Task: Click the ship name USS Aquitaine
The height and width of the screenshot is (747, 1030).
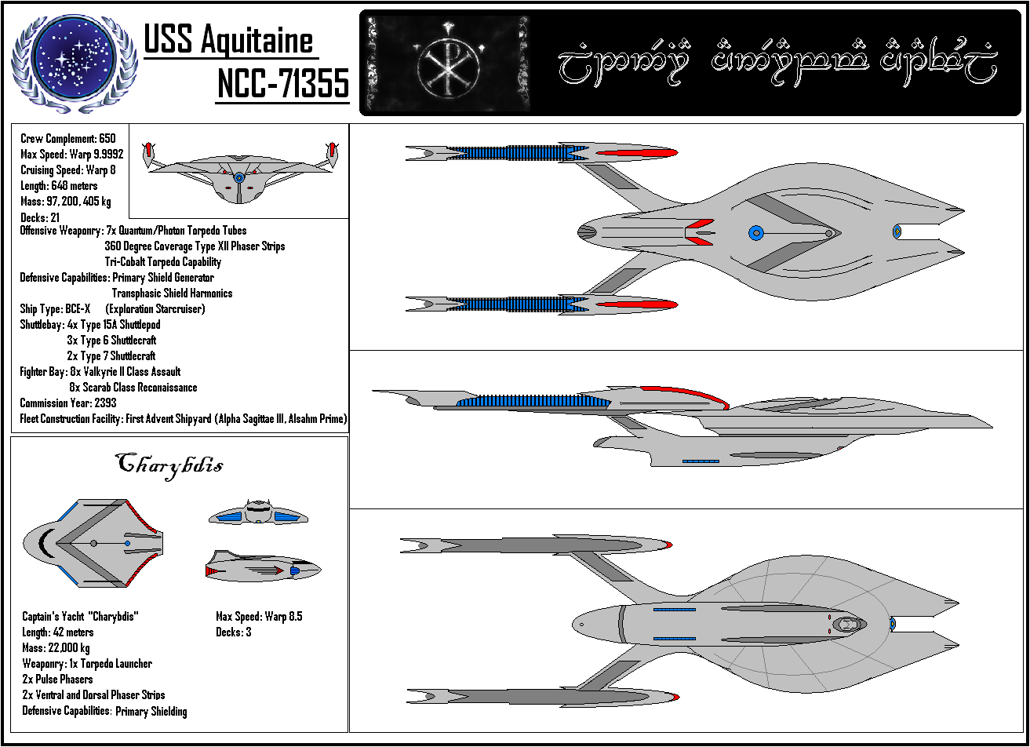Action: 228,40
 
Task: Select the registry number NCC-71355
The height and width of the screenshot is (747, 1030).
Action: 282,83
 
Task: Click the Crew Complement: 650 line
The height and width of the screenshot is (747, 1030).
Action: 67,139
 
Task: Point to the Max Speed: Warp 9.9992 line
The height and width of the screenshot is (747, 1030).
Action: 71,155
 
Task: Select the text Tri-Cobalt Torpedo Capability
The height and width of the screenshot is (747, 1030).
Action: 162,262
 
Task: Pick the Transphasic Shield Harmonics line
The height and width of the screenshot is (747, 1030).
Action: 172,293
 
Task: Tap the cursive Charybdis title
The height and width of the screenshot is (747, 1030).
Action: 169,464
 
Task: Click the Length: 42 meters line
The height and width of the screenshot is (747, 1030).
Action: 58,632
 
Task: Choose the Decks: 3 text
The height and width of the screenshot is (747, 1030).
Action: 233,632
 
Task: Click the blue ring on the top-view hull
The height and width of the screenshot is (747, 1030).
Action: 755,232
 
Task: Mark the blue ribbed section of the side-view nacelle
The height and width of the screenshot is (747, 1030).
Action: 533,403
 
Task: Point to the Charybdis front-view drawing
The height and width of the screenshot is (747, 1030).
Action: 257,513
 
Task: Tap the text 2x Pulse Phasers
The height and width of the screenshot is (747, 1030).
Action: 57,680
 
